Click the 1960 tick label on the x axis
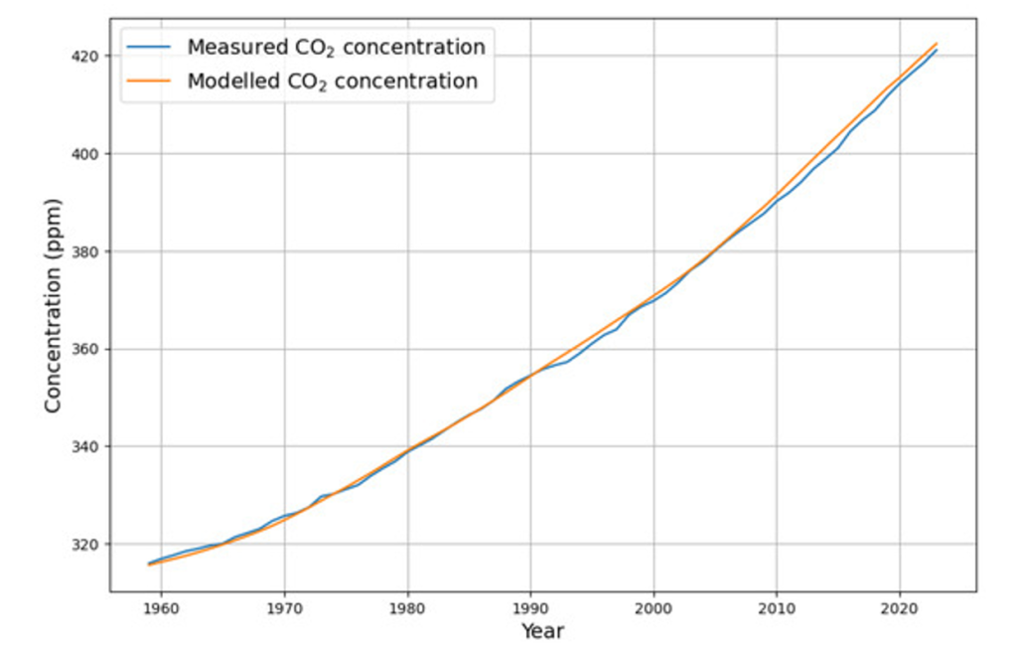click(x=161, y=609)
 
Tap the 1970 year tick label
click(x=284, y=609)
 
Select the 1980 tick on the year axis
click(x=407, y=609)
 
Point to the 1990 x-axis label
click(x=530, y=609)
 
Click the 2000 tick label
click(x=654, y=609)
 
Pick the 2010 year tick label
click(x=777, y=609)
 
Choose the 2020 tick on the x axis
click(x=900, y=609)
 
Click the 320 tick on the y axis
click(x=88, y=544)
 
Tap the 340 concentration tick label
click(x=88, y=446)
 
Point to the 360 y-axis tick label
click(x=88, y=349)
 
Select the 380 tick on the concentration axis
click(x=88, y=251)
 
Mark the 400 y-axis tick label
click(x=88, y=154)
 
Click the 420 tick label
click(x=88, y=57)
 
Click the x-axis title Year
click(x=543, y=631)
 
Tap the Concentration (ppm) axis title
click(x=53, y=306)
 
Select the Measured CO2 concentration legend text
click(x=336, y=48)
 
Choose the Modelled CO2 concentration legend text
click(x=333, y=81)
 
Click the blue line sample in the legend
click(x=149, y=47)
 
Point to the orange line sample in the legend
click(x=149, y=81)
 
